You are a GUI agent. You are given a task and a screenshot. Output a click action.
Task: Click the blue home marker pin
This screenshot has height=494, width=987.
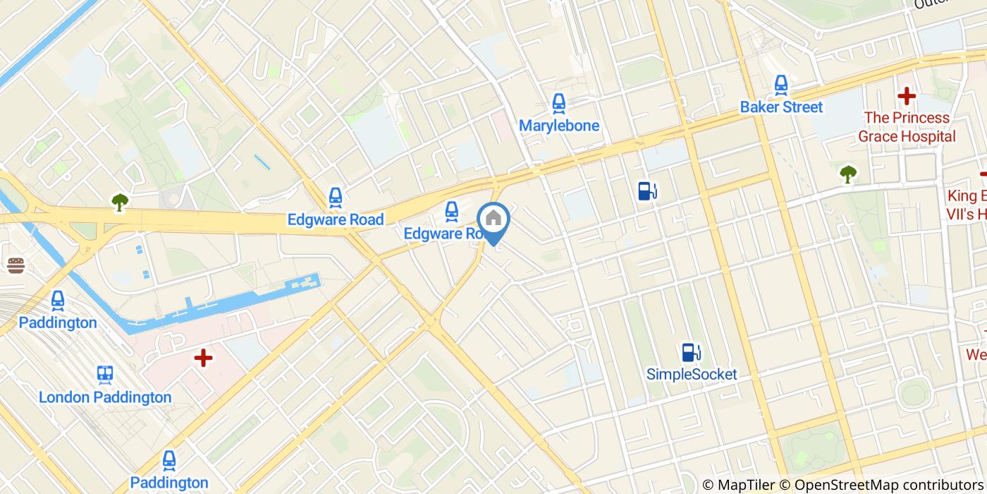pos(493,220)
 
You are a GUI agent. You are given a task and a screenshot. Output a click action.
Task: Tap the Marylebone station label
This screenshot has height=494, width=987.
pos(559,126)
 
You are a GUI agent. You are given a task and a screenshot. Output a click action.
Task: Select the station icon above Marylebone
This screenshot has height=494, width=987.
pos(559,103)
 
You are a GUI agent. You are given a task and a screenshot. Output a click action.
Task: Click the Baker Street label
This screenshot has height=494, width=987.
pos(781,107)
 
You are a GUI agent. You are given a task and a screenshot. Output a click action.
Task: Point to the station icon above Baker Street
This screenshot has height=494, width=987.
pos(781,85)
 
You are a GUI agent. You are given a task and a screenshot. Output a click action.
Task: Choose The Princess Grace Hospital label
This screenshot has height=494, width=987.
pos(907,127)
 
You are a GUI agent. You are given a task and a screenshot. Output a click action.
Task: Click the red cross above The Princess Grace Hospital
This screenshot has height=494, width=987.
pos(907,95)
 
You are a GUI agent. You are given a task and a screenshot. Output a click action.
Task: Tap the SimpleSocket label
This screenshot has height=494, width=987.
pos(692,374)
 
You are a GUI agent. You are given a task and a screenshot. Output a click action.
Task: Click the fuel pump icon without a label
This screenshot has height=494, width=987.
pos(647,191)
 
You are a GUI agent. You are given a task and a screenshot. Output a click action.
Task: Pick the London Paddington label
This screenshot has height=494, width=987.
pos(105,397)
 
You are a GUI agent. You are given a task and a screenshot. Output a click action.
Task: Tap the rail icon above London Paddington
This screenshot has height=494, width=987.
pos(106,374)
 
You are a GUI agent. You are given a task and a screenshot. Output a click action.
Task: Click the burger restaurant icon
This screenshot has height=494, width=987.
pos(16,265)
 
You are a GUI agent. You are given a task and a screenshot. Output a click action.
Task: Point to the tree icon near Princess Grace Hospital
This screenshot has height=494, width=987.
pos(848,173)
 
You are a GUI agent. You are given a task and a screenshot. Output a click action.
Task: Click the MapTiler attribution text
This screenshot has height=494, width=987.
pos(746,485)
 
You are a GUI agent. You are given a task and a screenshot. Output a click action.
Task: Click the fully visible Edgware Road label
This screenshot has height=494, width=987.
pos(336,219)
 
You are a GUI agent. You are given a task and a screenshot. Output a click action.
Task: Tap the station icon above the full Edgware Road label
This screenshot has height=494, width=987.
pos(336,197)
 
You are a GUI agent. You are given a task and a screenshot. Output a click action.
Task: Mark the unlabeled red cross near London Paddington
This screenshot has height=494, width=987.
pos(203,359)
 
